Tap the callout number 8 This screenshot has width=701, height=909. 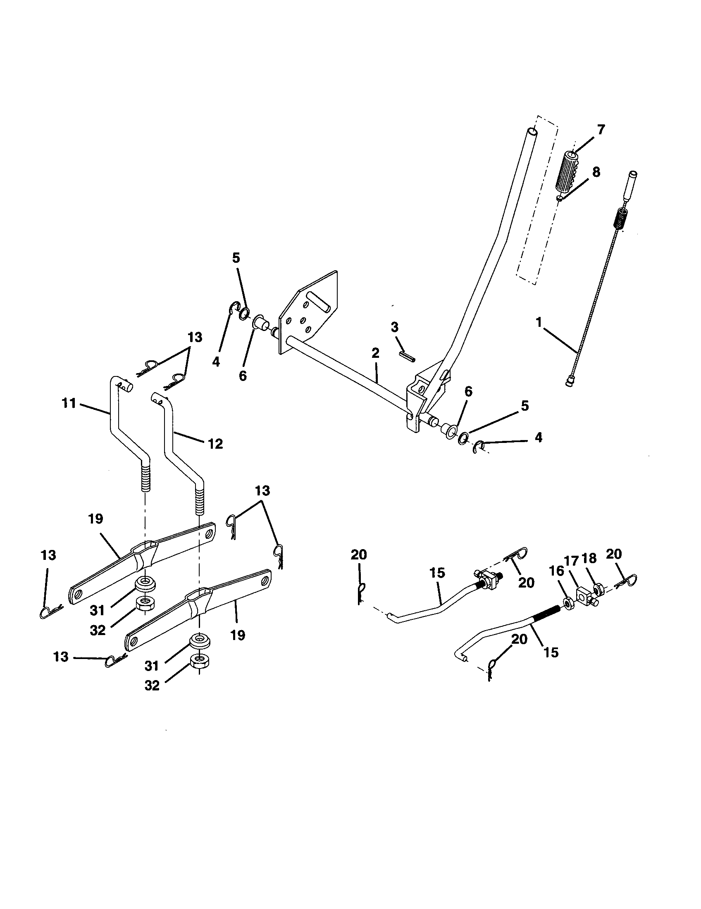point(596,172)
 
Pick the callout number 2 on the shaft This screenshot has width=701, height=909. point(375,353)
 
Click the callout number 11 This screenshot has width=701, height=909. point(69,403)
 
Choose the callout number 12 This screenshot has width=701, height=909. point(215,444)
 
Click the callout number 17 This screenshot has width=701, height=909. point(572,561)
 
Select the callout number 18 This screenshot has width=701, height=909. point(589,559)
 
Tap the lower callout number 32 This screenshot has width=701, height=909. point(152,685)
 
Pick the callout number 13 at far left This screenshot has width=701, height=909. point(48,555)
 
